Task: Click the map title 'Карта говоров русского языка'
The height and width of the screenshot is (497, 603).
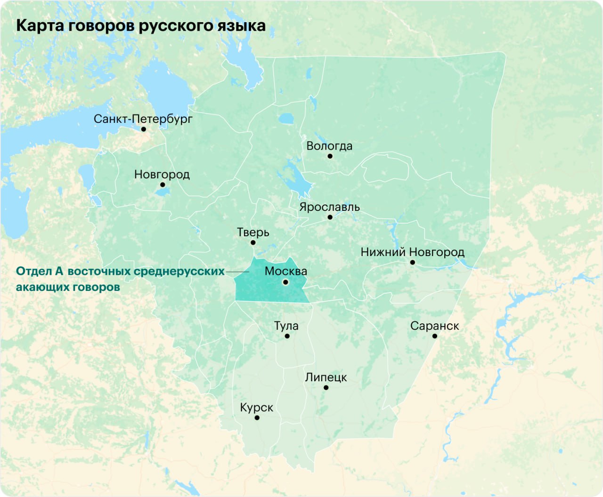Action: coord(140,25)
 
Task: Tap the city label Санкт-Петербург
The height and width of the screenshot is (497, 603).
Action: coord(143,119)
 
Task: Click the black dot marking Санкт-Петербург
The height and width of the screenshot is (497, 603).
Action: coord(144,129)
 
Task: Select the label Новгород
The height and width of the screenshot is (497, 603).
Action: coord(162,174)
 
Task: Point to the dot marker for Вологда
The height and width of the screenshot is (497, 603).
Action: coord(330,156)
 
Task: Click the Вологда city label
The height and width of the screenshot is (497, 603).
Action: coord(329,146)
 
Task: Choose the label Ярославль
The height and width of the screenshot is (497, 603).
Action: coord(329,207)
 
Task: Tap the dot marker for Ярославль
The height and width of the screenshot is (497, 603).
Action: coord(330,217)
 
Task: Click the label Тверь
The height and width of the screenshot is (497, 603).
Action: coord(253,232)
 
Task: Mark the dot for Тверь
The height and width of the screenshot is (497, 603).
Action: coord(253,242)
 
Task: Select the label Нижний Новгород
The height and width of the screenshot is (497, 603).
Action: coord(412,252)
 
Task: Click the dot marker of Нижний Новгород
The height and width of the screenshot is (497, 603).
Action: coord(412,262)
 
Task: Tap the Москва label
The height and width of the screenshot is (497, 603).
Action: coord(285,271)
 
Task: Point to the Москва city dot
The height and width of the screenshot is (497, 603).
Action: coord(285,282)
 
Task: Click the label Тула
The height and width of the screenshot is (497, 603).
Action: coord(286,326)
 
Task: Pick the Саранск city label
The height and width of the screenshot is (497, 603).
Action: coord(434,326)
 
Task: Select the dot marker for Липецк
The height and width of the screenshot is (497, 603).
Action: coord(326,388)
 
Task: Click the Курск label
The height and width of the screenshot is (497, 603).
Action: coord(256,407)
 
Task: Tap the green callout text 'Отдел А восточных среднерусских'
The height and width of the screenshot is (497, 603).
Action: coord(120,271)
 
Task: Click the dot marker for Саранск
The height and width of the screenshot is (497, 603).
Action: coord(434,336)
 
